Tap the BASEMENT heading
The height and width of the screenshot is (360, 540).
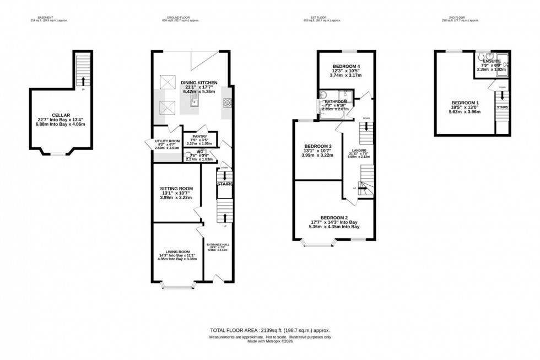(x=45, y=18)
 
